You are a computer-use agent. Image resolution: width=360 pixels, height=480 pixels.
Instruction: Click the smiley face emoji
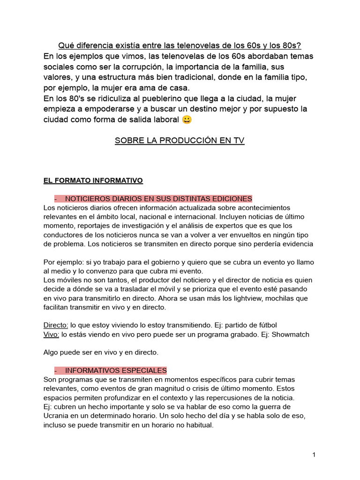coord(187,120)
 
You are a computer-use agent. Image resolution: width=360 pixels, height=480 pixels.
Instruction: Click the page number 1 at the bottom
coord(314,455)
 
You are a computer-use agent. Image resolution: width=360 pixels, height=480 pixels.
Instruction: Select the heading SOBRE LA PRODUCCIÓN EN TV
coord(180,141)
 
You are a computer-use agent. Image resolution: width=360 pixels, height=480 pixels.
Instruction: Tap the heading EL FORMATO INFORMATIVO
coord(93,180)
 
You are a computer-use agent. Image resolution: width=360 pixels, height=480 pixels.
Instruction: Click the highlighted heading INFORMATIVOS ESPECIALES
coord(116,370)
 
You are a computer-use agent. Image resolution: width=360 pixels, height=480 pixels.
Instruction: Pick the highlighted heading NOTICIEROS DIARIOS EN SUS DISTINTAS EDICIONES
coord(158,199)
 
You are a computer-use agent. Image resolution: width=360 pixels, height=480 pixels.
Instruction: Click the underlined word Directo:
coord(56,325)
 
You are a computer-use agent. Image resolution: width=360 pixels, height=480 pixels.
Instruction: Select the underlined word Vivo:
coord(52,334)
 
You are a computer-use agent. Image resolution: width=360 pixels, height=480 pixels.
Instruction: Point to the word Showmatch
coord(291,334)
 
